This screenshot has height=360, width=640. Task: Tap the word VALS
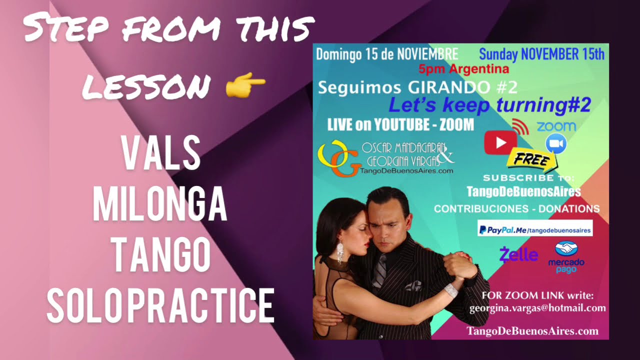[x=161, y=154]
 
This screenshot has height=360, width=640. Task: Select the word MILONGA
[x=160, y=204]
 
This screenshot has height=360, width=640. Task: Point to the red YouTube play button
[x=500, y=143]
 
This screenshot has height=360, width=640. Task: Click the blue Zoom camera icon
[x=556, y=143]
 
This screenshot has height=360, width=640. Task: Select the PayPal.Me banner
[x=534, y=230]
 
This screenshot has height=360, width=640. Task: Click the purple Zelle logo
[x=518, y=255]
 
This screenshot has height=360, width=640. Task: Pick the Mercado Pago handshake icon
[x=566, y=248]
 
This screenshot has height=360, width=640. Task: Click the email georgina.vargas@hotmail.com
[x=537, y=308]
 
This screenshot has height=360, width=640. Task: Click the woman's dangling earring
[x=340, y=253]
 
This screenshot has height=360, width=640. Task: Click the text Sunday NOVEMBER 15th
[x=541, y=54]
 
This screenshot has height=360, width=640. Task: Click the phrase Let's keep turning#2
[x=489, y=105]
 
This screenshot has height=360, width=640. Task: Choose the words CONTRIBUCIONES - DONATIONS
[x=516, y=209]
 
